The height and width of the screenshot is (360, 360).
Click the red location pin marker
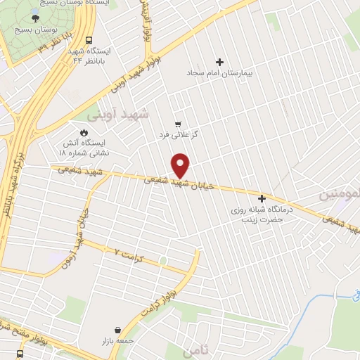(181, 165)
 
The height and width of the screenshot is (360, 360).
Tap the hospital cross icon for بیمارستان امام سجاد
(219, 62)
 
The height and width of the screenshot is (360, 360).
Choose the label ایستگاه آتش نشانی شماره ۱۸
(83, 147)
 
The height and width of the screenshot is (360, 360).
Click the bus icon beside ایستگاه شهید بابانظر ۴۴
(89, 41)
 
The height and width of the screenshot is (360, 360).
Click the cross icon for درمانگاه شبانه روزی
(262, 198)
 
